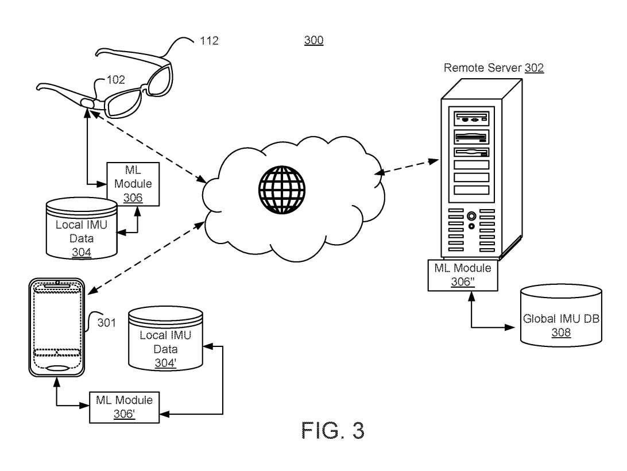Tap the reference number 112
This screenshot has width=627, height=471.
[209, 41]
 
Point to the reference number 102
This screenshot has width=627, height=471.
[115, 80]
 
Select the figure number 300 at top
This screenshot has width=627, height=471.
[313, 40]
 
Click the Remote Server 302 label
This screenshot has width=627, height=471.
[494, 68]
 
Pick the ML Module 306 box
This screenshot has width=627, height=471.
[133, 184]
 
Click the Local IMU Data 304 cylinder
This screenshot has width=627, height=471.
[80, 229]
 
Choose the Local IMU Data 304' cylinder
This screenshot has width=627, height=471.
[166, 339]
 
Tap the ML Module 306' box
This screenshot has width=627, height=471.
[124, 406]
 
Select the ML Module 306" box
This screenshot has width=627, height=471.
[462, 275]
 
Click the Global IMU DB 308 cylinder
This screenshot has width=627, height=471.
[561, 316]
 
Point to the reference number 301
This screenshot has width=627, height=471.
[106, 323]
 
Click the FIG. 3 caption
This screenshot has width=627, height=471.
[333, 430]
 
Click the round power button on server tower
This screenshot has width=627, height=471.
[471, 217]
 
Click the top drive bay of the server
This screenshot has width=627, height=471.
[471, 119]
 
